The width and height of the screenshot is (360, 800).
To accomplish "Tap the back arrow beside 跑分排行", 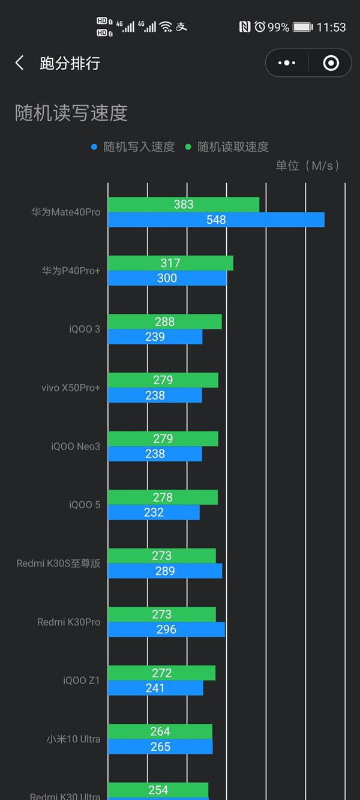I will click(20, 63).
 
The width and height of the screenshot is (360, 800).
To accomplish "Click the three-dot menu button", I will click(287, 63).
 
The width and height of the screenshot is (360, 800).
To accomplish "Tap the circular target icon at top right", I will click(331, 63).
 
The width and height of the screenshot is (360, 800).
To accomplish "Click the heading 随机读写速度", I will click(71, 113).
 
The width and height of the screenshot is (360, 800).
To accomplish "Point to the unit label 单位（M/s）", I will click(307, 166).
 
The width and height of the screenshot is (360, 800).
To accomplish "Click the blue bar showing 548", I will click(216, 220).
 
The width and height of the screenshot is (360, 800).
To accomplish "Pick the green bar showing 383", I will click(184, 205).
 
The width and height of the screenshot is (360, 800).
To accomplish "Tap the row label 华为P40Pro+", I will click(71, 271).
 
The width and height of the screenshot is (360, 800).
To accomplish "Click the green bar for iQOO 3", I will click(164, 322).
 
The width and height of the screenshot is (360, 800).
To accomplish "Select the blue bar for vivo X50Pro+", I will click(155, 395).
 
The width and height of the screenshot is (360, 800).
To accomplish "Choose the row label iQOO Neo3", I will click(76, 447).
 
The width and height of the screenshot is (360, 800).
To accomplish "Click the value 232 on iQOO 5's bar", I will click(154, 513).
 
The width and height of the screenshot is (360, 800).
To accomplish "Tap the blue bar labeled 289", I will click(165, 571).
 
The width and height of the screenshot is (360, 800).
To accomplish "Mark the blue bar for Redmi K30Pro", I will click(166, 630).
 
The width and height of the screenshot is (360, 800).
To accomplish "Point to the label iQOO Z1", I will click(82, 681).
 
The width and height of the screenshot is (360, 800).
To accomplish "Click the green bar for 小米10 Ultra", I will click(160, 732).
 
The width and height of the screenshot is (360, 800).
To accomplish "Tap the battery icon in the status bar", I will click(302, 27).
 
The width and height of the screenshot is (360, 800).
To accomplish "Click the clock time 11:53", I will click(331, 27).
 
